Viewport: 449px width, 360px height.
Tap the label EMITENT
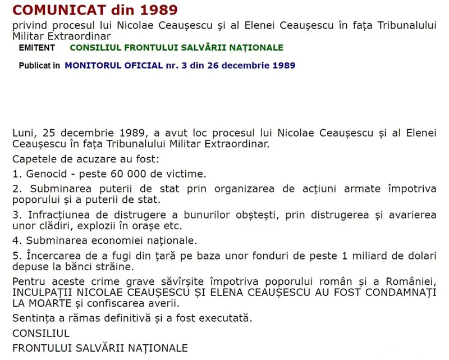point(37,48)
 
